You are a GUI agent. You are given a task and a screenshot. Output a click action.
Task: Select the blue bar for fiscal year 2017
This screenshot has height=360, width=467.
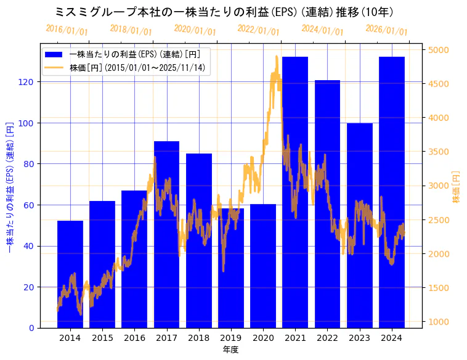coord(166,234)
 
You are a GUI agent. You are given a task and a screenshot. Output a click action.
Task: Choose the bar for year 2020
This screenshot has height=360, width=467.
coord(263,265)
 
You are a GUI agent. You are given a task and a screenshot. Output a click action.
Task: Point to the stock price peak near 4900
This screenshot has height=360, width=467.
coord(277,57)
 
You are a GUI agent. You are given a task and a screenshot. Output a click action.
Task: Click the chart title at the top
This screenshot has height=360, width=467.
coord(224,12)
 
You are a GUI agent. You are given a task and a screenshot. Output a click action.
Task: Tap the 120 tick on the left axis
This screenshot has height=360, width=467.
coord(29,82)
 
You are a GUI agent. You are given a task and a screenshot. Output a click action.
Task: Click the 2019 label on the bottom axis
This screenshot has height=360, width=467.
coord(231,338)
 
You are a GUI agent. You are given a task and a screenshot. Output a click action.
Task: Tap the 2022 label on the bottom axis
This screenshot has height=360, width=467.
coord(327,338)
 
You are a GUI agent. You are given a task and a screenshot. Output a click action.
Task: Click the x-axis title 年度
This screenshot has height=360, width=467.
coord(231,350)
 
